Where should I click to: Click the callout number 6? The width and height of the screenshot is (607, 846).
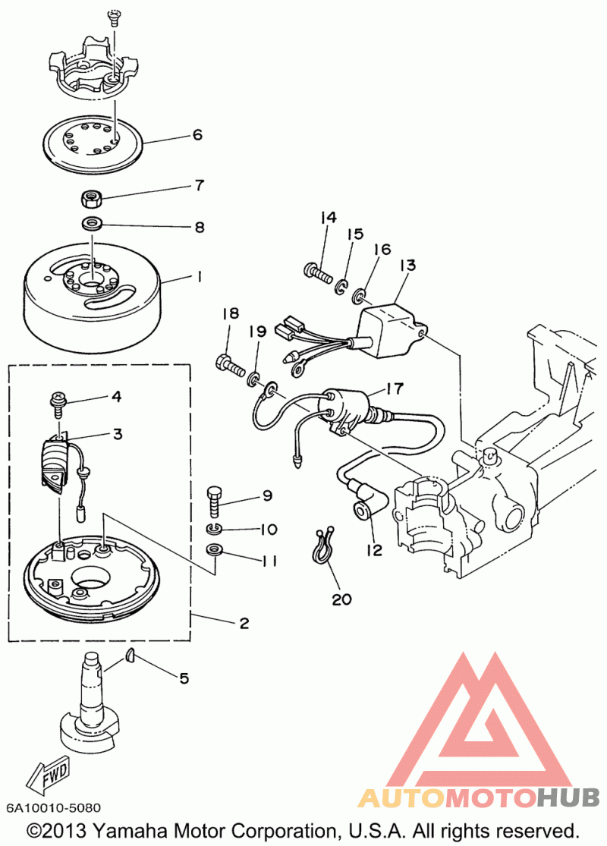[x=197, y=134]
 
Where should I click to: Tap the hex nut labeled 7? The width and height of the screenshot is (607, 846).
[x=89, y=199]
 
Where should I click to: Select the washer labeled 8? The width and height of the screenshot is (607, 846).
[x=93, y=223]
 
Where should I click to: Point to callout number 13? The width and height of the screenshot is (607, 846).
[x=408, y=265]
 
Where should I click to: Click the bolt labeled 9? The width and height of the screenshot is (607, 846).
[x=214, y=502]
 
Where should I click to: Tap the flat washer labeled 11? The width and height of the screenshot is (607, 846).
[x=214, y=550]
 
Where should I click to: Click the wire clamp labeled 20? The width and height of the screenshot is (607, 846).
[x=322, y=546]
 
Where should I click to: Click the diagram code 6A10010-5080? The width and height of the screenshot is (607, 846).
[x=53, y=808]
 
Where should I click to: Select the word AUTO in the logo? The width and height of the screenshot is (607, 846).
[x=401, y=797]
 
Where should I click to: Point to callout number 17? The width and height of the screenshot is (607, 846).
[x=395, y=388]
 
